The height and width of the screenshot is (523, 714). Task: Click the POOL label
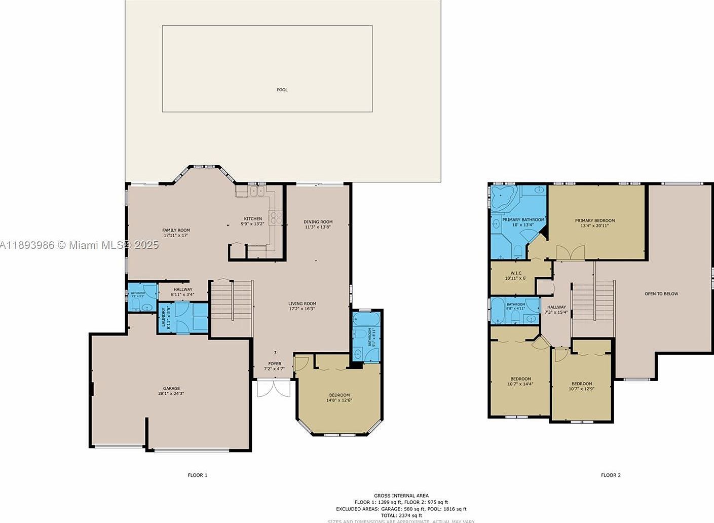point(282,90)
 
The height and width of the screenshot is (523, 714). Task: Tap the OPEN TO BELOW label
point(661,293)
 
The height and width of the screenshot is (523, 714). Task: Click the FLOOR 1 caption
point(197,475)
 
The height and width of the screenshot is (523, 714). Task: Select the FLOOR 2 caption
point(611,475)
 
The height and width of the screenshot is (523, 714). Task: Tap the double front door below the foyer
point(274,388)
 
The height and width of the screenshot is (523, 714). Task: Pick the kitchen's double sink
point(257,192)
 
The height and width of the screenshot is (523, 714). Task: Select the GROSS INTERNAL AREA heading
point(401,496)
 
